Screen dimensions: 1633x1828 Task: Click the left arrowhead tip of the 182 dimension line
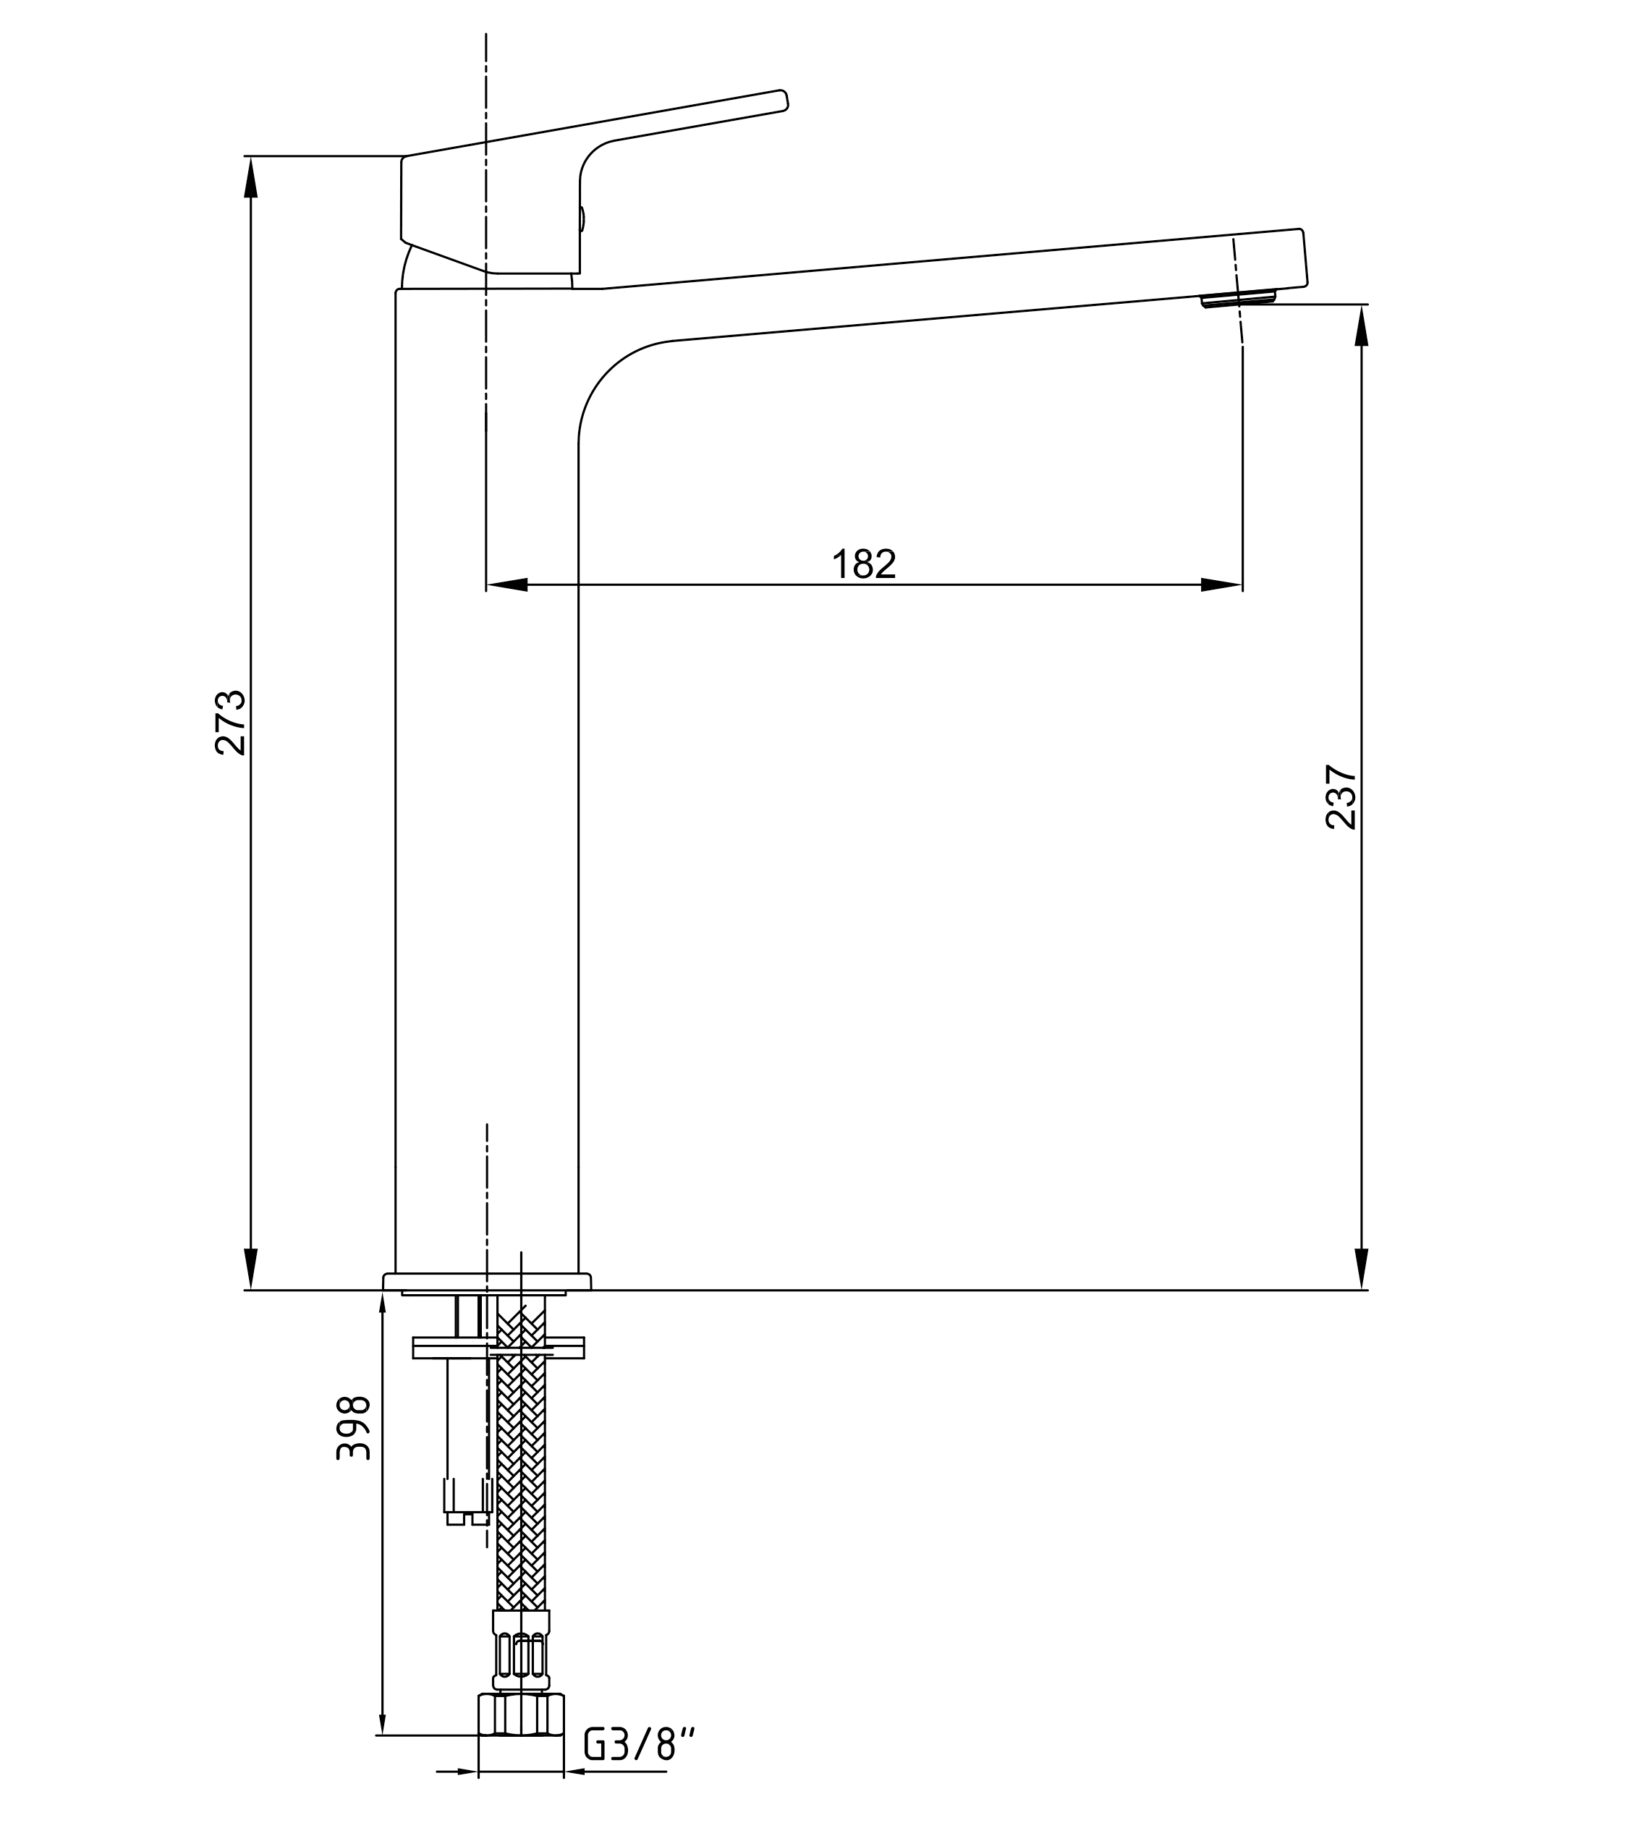point(487,584)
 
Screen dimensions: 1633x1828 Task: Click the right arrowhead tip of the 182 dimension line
point(1242,584)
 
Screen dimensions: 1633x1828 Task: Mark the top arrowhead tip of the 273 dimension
point(251,157)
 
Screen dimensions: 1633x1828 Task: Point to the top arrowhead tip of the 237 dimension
point(1361,306)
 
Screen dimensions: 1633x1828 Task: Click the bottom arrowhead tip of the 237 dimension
point(1361,1289)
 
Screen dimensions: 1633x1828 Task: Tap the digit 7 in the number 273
point(231,723)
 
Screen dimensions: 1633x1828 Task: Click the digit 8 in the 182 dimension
point(863,564)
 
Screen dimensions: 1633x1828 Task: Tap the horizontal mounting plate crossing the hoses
point(498,1346)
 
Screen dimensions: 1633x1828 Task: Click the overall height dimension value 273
point(231,722)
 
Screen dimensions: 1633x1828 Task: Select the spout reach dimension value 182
point(864,564)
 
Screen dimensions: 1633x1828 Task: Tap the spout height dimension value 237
point(1341,796)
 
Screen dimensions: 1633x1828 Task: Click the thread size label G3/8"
point(640,1743)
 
